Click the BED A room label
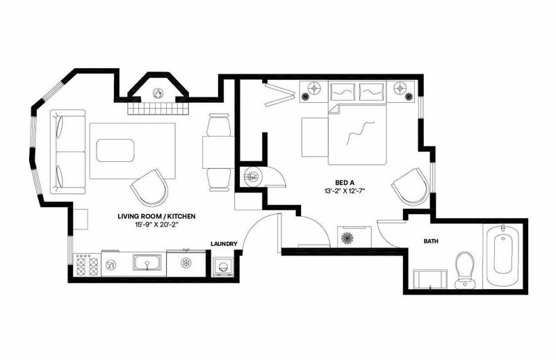click(345, 183)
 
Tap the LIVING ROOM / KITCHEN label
click(156, 216)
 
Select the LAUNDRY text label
click(224, 244)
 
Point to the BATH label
click(431, 241)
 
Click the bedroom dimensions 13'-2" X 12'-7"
click(345, 191)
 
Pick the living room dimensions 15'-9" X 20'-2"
click(156, 224)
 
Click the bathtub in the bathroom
click(502, 255)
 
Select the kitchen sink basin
click(147, 263)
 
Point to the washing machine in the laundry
click(222, 266)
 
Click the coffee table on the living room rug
click(115, 150)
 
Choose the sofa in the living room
click(67, 152)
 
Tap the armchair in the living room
click(149, 188)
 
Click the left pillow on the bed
click(343, 92)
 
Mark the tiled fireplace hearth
click(158, 108)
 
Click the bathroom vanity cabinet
click(430, 279)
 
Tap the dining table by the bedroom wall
click(218, 152)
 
